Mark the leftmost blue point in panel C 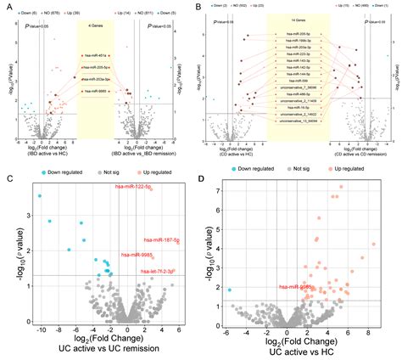(39, 196)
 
